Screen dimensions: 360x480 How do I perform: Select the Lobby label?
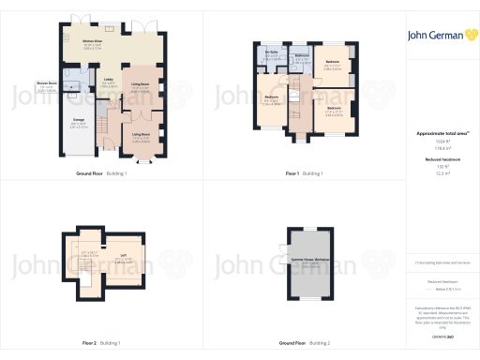coord(108,79)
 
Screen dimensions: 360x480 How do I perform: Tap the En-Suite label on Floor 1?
coord(272,52)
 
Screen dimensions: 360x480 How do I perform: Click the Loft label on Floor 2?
coord(123,253)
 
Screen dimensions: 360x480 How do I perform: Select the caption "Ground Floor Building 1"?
coord(101,173)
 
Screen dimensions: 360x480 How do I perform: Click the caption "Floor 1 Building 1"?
coord(305,173)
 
